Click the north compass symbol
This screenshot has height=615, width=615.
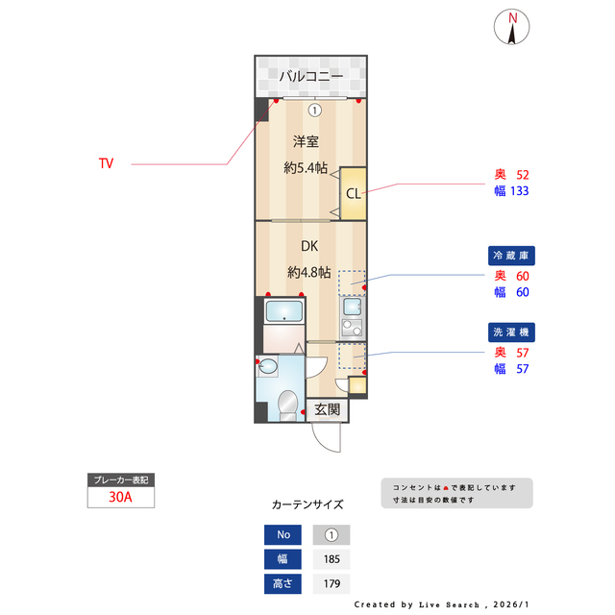click(x=513, y=27)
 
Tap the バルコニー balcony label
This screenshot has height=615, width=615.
click(x=310, y=75)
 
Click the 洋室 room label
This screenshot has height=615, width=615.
click(x=307, y=142)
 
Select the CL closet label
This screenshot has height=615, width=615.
click(x=354, y=193)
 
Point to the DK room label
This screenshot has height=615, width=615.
click(x=309, y=246)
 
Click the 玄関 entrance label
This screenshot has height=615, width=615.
click(x=328, y=409)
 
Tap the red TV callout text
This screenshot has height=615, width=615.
click(x=106, y=163)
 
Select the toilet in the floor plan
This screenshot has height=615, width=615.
click(x=286, y=404)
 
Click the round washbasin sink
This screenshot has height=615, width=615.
click(x=268, y=367)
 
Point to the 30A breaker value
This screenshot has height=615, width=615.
click(x=121, y=498)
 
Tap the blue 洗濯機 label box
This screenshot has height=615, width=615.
click(x=513, y=332)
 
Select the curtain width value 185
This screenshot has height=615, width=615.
click(x=332, y=559)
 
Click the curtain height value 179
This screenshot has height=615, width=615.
click(x=332, y=583)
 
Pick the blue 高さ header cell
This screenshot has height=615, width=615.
click(x=283, y=583)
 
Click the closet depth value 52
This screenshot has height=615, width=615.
click(x=523, y=175)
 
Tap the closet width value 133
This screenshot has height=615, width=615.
click(x=520, y=191)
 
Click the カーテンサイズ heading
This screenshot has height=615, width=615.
click(x=307, y=504)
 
